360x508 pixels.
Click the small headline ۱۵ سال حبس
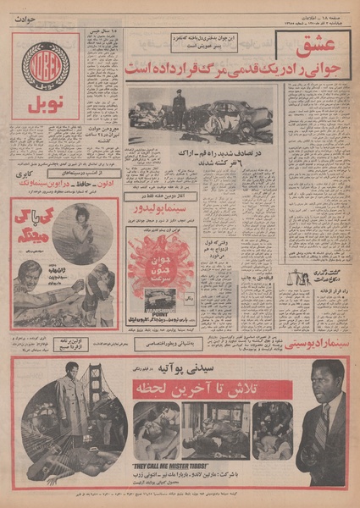(102, 34)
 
